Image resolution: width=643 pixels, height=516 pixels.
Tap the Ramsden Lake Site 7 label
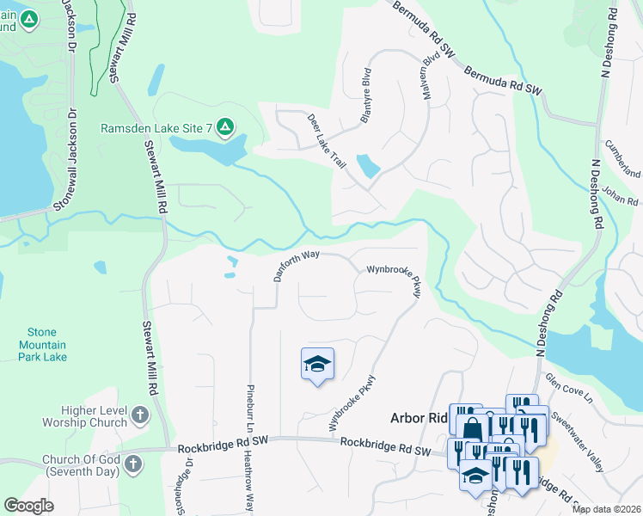click(x=157, y=129)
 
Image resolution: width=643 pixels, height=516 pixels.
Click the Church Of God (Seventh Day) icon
click(x=132, y=464)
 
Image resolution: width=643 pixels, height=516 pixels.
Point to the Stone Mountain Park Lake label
click(x=41, y=344)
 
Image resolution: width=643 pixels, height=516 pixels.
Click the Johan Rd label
click(x=619, y=197)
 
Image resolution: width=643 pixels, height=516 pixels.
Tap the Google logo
click(x=29, y=505)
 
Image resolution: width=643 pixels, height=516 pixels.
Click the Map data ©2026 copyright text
click(x=606, y=509)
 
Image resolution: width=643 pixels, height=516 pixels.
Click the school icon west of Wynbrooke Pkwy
click(x=317, y=365)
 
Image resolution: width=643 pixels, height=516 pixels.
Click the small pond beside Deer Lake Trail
click(x=367, y=165)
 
